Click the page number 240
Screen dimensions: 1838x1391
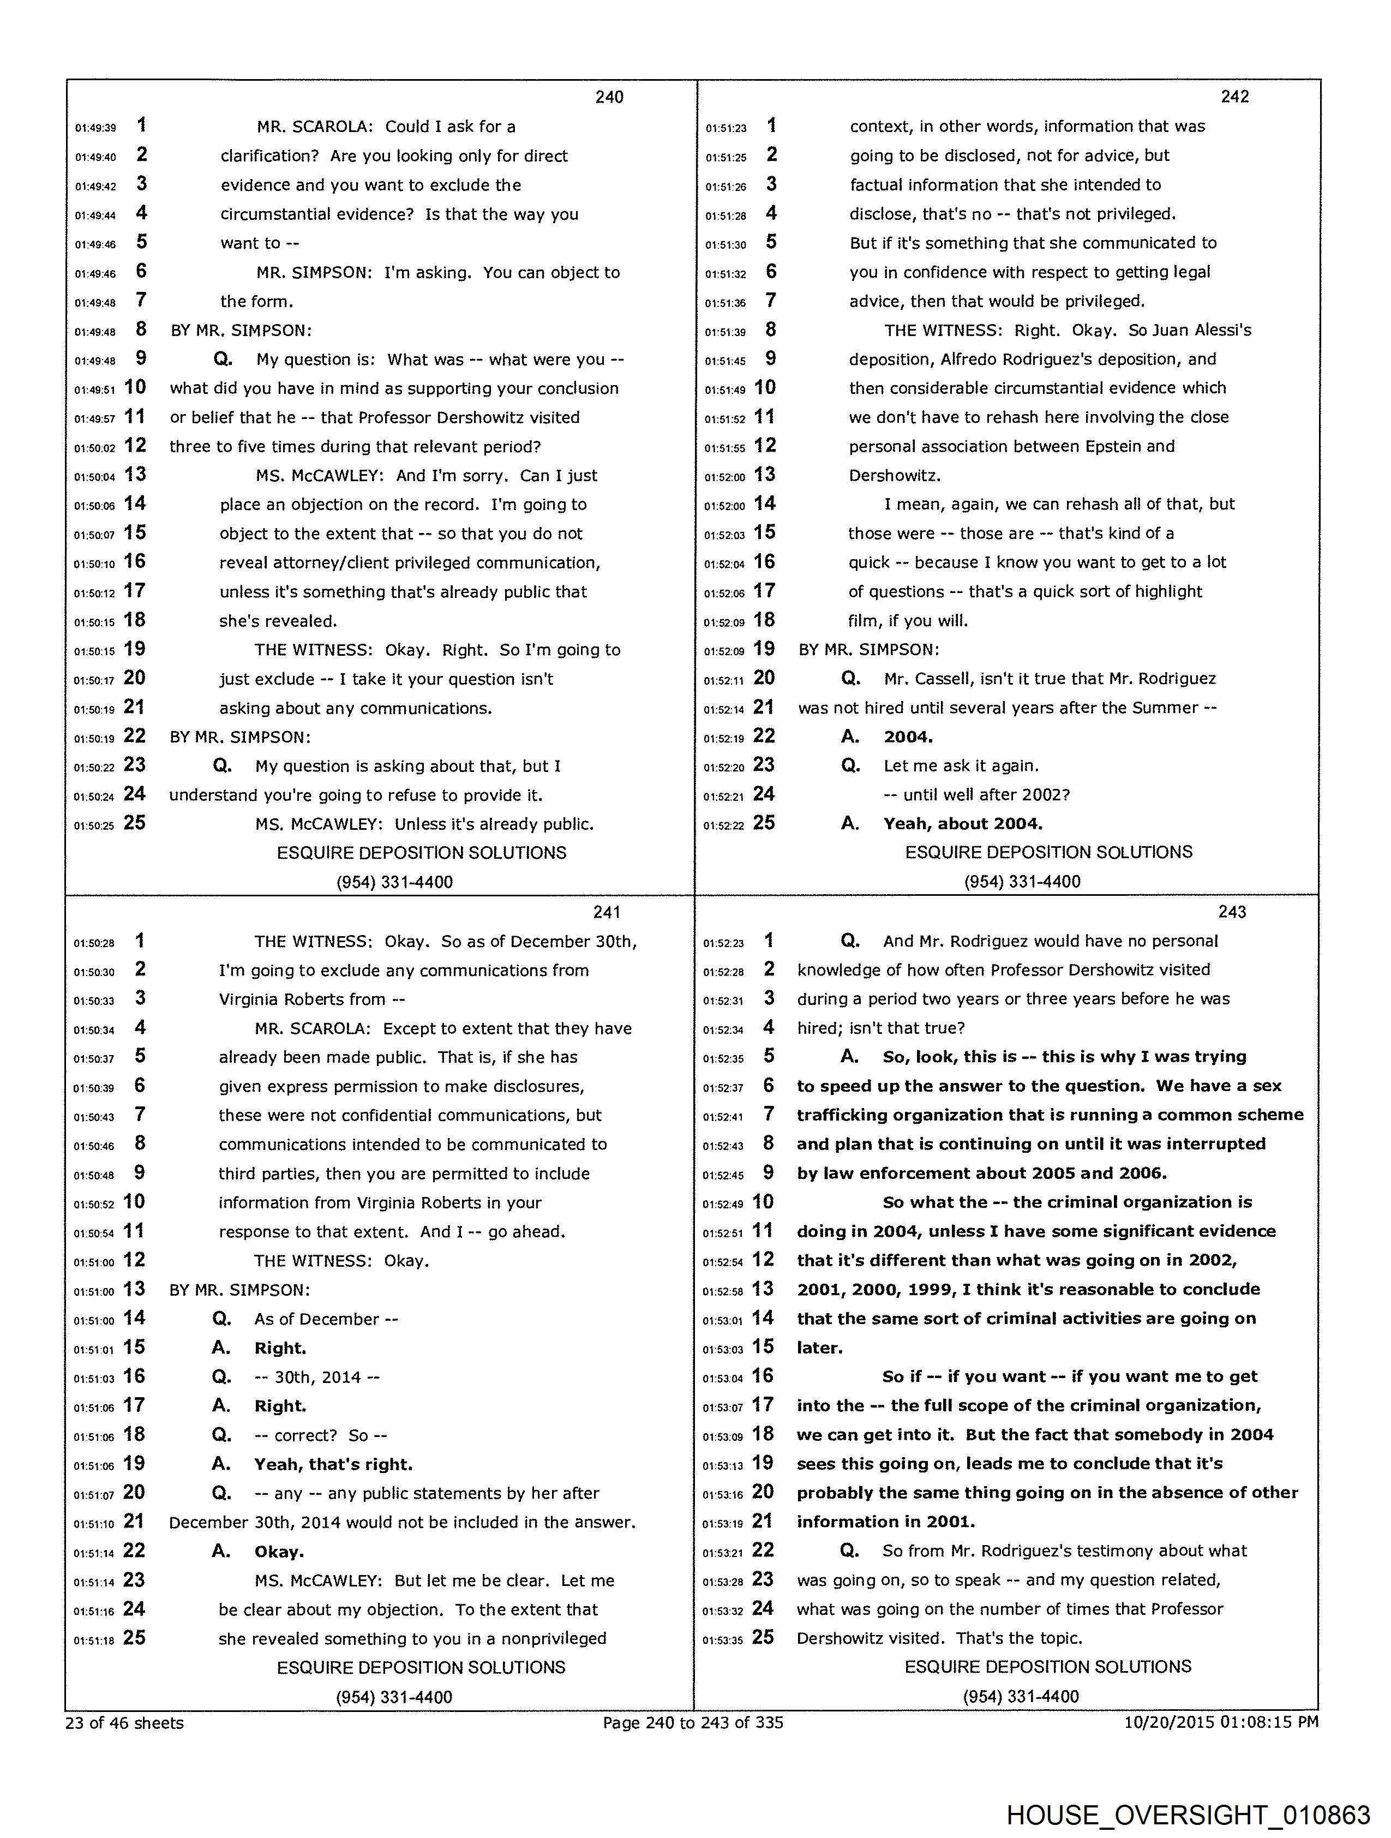(609, 97)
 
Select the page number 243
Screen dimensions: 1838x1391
(1232, 912)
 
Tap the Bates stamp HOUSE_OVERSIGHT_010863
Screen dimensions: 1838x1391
(1188, 1815)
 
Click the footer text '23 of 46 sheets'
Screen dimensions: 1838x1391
(124, 1722)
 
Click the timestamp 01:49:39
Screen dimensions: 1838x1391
(95, 128)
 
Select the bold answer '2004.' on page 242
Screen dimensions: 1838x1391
(908, 737)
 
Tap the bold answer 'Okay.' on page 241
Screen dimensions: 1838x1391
(279, 1552)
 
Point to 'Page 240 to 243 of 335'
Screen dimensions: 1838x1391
(693, 1722)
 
